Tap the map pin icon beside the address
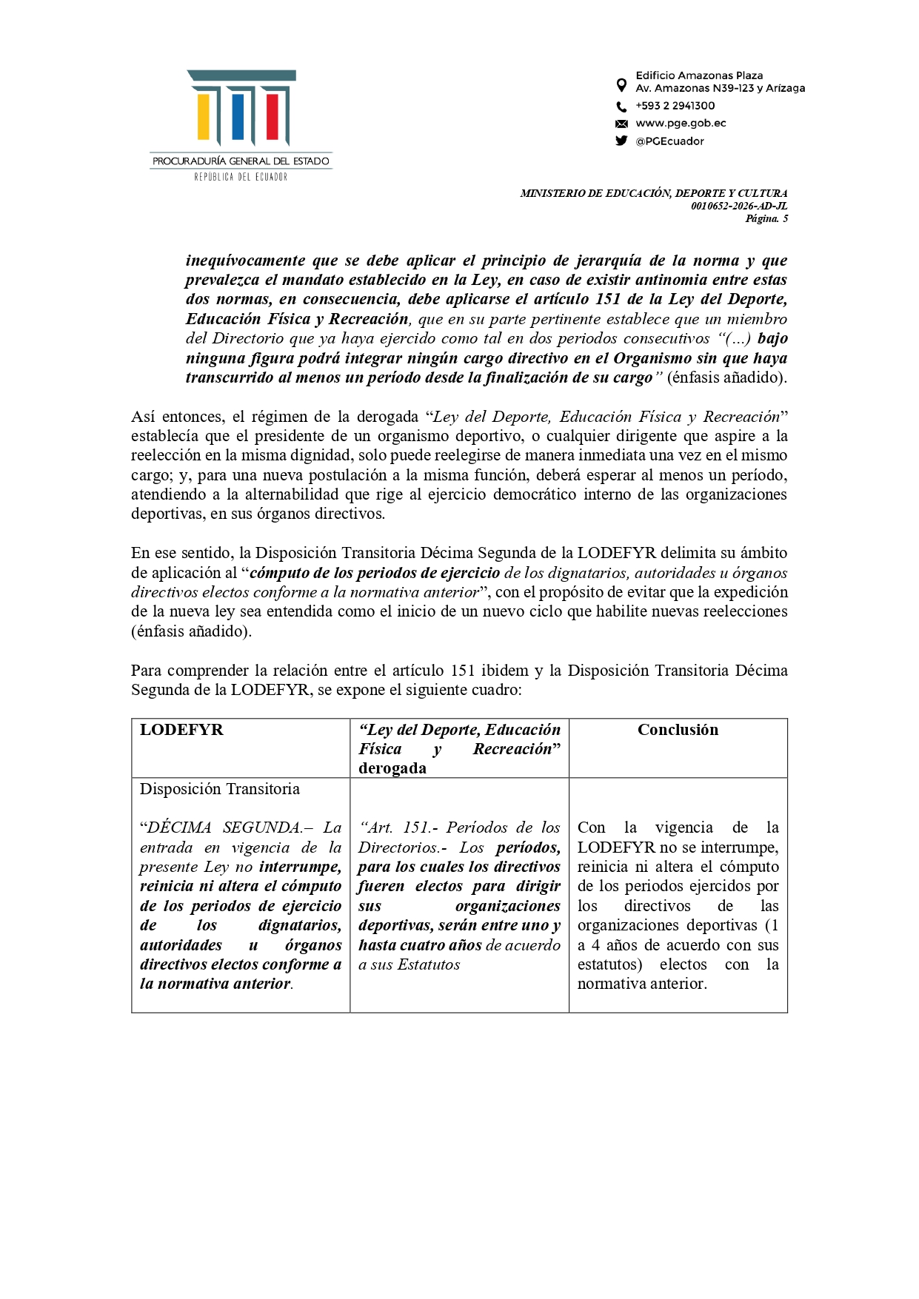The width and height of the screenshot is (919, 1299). tap(621, 84)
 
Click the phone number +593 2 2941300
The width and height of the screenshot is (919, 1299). tap(675, 106)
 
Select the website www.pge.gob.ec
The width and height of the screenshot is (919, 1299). tap(681, 124)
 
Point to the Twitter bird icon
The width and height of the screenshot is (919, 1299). tap(621, 141)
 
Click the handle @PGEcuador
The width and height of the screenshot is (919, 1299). tap(669, 141)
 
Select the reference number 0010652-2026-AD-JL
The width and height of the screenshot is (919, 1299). tap(738, 206)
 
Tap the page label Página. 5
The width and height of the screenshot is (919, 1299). tap(766, 218)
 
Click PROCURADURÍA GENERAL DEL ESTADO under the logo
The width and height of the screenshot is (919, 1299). tap(241, 161)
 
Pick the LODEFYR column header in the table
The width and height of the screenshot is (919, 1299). tap(181, 730)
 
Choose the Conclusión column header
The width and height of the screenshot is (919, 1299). tap(678, 730)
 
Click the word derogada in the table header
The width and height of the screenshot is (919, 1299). tap(392, 768)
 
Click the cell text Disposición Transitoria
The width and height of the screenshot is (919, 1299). tap(220, 789)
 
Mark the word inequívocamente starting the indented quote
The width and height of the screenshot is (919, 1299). tap(245, 261)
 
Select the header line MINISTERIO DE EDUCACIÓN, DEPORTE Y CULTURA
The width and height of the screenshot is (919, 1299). tap(653, 193)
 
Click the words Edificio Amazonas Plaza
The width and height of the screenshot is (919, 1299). tap(699, 75)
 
